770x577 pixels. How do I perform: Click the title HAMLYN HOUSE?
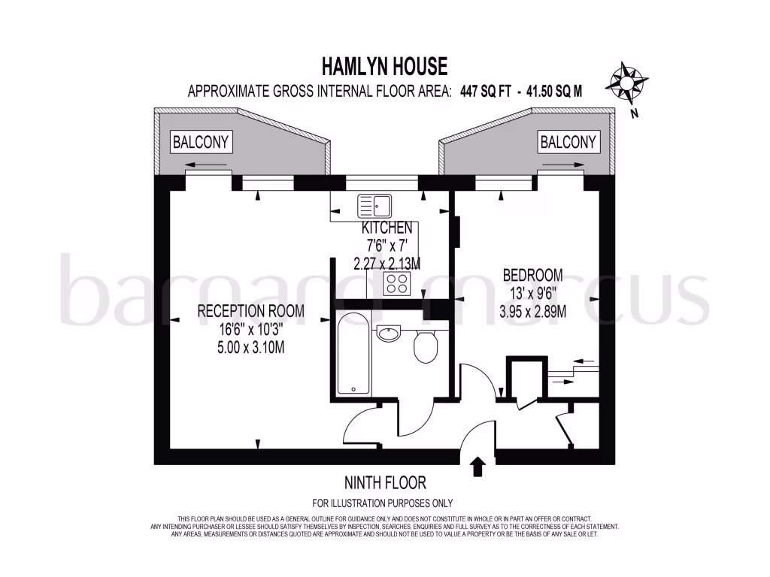[x=384, y=68]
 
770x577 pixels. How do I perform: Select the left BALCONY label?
[x=201, y=141]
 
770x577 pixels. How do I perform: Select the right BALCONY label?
[x=568, y=141]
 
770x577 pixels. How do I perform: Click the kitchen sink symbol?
[x=374, y=204]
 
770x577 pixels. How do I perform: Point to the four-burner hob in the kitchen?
[x=396, y=283]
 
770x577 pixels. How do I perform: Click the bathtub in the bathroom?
[x=353, y=354]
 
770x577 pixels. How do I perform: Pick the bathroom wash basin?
[x=390, y=333]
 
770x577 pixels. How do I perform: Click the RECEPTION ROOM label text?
[x=250, y=311]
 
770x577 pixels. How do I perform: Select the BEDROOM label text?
[x=532, y=275]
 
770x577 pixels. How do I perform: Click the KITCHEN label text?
[x=387, y=228]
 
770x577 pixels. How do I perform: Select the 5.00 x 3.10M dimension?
[x=250, y=347]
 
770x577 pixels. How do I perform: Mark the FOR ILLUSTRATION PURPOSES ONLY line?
[x=382, y=503]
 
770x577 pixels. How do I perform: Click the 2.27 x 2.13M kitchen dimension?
[x=387, y=263]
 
